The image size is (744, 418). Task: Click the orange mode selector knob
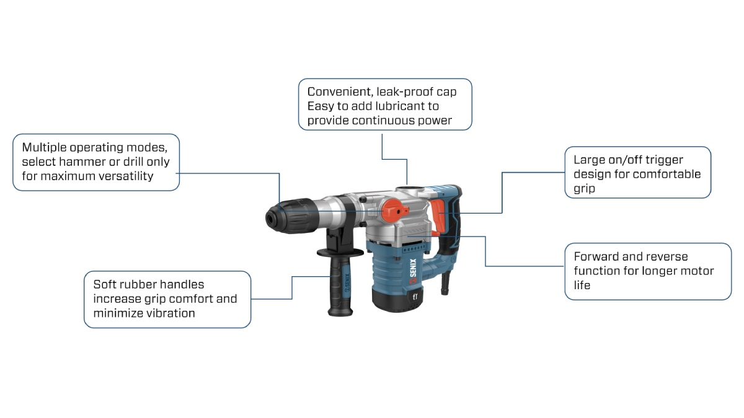[394, 209]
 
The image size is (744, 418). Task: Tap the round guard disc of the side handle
[339, 253]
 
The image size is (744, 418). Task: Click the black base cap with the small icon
[397, 298]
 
